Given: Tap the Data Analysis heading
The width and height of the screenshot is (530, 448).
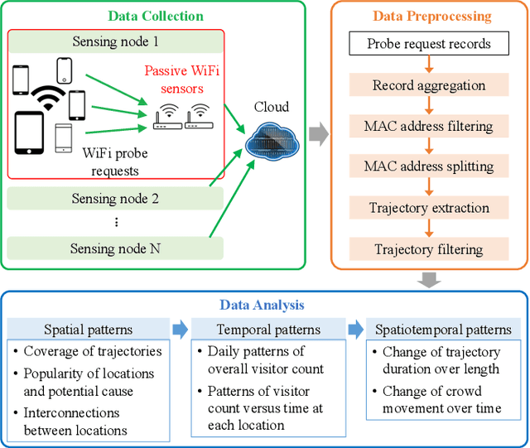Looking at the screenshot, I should click(264, 305).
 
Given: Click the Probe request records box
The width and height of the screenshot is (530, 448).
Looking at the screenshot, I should click(429, 43).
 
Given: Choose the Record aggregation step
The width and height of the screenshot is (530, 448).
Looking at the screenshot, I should click(429, 85).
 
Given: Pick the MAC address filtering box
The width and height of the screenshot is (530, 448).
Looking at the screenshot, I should click(429, 126).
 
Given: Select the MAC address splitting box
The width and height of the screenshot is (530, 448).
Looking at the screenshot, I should click(429, 166).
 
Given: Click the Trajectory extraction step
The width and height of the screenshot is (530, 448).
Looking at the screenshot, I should click(429, 208).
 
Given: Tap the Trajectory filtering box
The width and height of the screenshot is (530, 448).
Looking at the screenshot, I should click(429, 248).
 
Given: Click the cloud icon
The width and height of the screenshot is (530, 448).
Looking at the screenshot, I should click(271, 137).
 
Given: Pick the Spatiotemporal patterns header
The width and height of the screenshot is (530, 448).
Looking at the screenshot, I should click(438, 329).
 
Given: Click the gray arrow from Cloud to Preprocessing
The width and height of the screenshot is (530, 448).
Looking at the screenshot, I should click(316, 132).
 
